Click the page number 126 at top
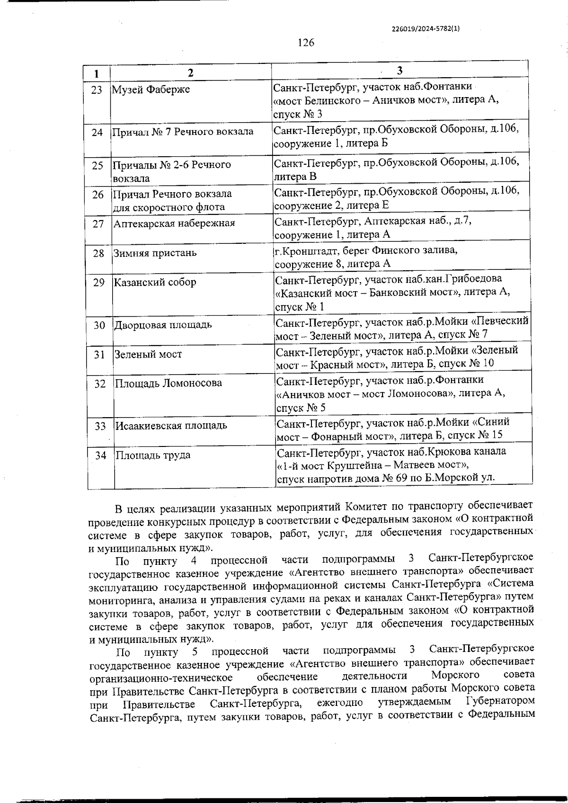(306, 43)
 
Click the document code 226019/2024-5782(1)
(426, 28)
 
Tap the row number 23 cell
(97, 90)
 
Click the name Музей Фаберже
(151, 89)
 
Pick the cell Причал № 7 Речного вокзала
(182, 132)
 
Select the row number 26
(98, 195)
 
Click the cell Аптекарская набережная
(174, 223)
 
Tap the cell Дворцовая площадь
(163, 325)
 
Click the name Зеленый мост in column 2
(148, 354)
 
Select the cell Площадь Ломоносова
(169, 383)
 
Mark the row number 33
(99, 426)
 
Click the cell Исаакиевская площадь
(171, 425)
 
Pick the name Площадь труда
(153, 455)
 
